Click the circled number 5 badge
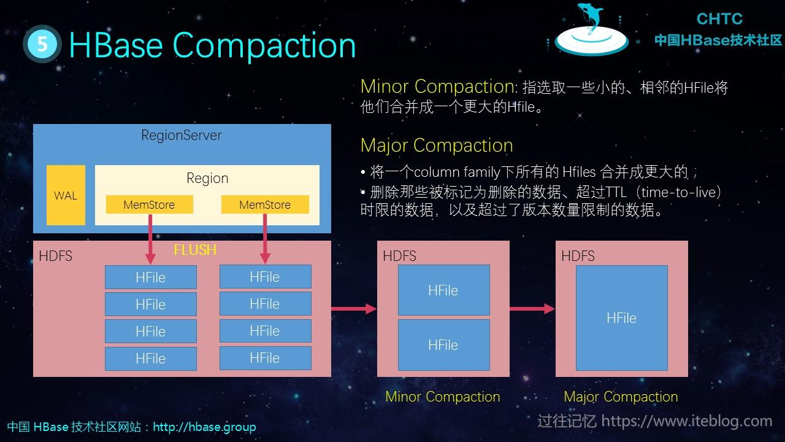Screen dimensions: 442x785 tap(42, 44)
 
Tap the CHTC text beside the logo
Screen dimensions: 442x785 tap(719, 19)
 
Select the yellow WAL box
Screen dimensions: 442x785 tap(66, 195)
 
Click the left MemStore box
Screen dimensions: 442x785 tap(149, 204)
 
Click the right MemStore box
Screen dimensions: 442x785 tap(265, 204)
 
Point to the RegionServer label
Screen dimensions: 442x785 tap(182, 135)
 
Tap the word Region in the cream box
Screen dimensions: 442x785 tap(207, 179)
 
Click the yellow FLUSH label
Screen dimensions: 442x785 tap(195, 250)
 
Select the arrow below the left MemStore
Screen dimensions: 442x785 tap(150, 239)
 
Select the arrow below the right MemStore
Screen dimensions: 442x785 tap(265, 239)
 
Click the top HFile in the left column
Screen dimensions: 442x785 tap(151, 277)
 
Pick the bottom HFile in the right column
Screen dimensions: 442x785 tap(265, 358)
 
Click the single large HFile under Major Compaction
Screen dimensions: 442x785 tap(621, 318)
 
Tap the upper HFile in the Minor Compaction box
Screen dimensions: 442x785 tap(443, 290)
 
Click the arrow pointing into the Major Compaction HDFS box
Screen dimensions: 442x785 tap(532, 309)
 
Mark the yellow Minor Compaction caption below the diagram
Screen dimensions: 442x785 tap(442, 397)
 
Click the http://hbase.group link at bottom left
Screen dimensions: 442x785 tap(204, 427)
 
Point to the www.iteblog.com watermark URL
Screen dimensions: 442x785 tap(686, 421)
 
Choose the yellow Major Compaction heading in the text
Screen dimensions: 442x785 tap(437, 145)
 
